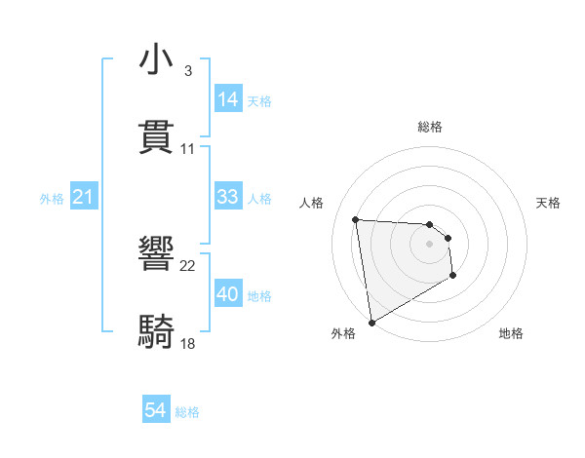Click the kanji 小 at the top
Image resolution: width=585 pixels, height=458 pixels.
(157, 60)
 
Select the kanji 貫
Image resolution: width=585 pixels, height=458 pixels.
(157, 136)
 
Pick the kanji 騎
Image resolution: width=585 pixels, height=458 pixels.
(157, 332)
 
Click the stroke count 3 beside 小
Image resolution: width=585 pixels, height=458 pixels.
(187, 71)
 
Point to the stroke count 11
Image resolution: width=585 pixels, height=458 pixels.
(188, 148)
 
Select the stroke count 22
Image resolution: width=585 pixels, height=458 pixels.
(188, 266)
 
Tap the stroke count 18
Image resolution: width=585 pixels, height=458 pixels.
(188, 343)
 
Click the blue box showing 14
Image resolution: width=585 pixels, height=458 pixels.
(228, 99)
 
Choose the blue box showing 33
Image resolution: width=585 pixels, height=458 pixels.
(228, 197)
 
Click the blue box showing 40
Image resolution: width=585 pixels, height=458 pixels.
(228, 294)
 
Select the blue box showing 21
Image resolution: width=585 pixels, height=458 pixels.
(84, 198)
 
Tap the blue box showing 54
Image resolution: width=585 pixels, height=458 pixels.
(156, 411)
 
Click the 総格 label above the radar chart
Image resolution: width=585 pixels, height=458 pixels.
(430, 127)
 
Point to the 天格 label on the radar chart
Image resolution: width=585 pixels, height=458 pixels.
(549, 203)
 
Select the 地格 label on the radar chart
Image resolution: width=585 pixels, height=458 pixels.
(511, 333)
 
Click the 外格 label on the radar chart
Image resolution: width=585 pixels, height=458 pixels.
(343, 333)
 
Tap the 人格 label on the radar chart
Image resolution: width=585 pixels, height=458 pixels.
(312, 203)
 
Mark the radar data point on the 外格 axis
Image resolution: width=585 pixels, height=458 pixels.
(371, 322)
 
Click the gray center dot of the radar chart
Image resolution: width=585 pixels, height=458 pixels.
(430, 244)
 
